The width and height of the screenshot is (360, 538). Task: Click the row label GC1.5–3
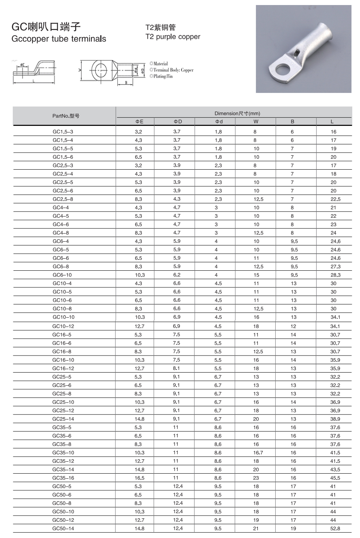click(x=63, y=132)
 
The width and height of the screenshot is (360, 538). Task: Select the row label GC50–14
click(x=63, y=528)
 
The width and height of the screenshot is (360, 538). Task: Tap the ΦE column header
click(x=139, y=122)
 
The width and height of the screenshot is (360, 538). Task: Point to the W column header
click(x=256, y=122)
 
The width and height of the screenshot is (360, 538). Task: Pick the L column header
click(x=332, y=122)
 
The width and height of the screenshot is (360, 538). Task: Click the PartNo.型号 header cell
click(x=66, y=116)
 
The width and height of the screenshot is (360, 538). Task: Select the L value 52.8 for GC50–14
click(x=335, y=528)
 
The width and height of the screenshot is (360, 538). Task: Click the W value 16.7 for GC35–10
click(x=258, y=452)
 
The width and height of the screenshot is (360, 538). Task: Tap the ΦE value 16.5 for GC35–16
click(x=139, y=478)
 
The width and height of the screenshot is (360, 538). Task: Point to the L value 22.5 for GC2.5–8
click(x=335, y=199)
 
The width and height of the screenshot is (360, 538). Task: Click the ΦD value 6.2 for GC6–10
click(x=177, y=275)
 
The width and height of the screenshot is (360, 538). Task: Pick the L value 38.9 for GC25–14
click(x=335, y=419)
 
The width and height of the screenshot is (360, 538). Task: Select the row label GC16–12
click(x=63, y=368)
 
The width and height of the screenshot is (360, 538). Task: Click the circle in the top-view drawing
click(x=99, y=70)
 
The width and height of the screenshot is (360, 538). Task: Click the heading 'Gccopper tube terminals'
click(x=59, y=39)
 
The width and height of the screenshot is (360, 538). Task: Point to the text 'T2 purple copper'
click(x=173, y=37)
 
